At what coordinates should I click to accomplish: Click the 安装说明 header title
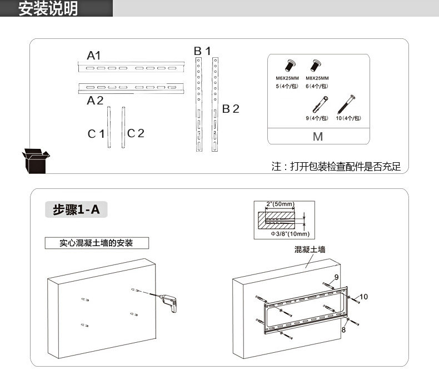click(x=48, y=9)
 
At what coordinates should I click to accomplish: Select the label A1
click(x=93, y=55)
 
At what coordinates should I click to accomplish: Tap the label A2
click(x=95, y=101)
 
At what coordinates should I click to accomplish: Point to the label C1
click(x=96, y=134)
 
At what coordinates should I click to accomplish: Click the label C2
click(x=136, y=133)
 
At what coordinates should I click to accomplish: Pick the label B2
click(x=231, y=109)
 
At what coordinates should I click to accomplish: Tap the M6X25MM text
click(x=287, y=78)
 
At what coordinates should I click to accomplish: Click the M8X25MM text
click(x=317, y=78)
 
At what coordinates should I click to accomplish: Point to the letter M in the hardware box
click(x=318, y=137)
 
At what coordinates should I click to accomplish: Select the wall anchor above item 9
click(x=318, y=103)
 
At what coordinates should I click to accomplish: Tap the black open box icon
click(x=36, y=162)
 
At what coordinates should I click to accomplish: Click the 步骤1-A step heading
click(x=76, y=210)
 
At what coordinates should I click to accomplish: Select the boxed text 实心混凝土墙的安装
click(x=97, y=243)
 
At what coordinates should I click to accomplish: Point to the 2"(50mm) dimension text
click(x=280, y=204)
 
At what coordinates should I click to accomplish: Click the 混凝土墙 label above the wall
click(x=310, y=251)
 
